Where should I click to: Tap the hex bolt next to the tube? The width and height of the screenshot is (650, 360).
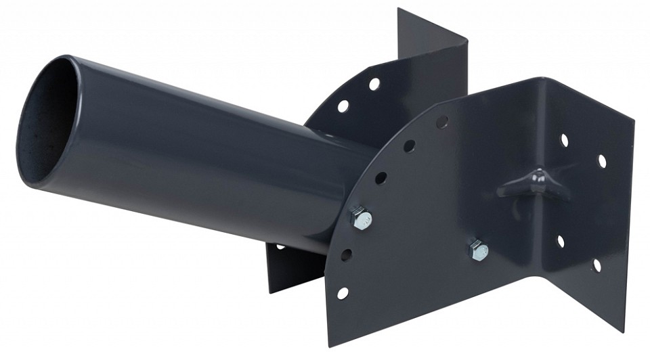[x=360, y=218]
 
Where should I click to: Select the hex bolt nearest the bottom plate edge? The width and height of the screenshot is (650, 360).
[x=476, y=250]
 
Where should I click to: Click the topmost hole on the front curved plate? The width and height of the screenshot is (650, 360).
[x=442, y=122]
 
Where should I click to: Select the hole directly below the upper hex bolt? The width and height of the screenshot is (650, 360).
[x=347, y=255]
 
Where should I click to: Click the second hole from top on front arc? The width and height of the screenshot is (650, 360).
[x=410, y=145]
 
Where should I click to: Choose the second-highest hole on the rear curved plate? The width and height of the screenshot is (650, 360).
[x=343, y=106]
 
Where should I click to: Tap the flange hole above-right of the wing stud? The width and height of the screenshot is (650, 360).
[x=601, y=161]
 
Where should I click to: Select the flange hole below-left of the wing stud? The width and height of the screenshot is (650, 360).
[x=560, y=241]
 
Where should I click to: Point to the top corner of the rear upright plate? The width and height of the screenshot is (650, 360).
[x=399, y=9]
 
